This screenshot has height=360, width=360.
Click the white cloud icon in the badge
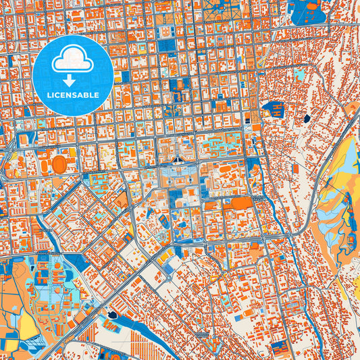point(72,59)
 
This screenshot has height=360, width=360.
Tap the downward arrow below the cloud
point(72,80)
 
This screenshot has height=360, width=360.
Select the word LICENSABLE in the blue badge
point(72,95)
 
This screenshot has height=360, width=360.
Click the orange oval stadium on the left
point(60,163)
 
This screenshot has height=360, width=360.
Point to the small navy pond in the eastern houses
point(307,118)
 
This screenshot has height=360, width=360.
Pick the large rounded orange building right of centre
point(241,202)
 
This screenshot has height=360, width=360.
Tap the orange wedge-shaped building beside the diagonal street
point(122,200)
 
